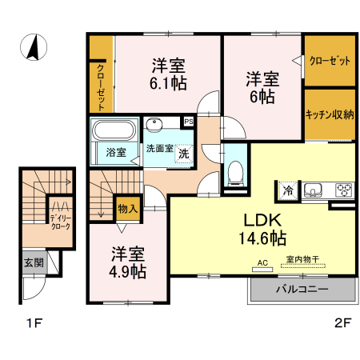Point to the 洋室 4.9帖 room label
(127, 262)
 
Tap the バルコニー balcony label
(302, 289)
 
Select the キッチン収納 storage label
(330, 114)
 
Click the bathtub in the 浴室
(115, 131)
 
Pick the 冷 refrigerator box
(286, 190)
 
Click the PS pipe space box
(189, 121)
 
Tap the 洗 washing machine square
(184, 152)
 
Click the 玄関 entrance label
(33, 262)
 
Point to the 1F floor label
(32, 324)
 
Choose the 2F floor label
(343, 324)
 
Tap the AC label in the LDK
(262, 262)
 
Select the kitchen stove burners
(344, 190)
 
